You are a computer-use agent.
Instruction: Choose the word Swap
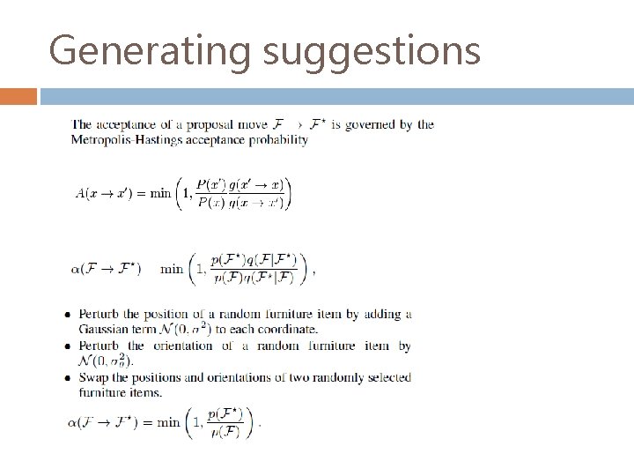[x=93, y=377]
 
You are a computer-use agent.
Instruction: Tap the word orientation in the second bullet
[x=183, y=346]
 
